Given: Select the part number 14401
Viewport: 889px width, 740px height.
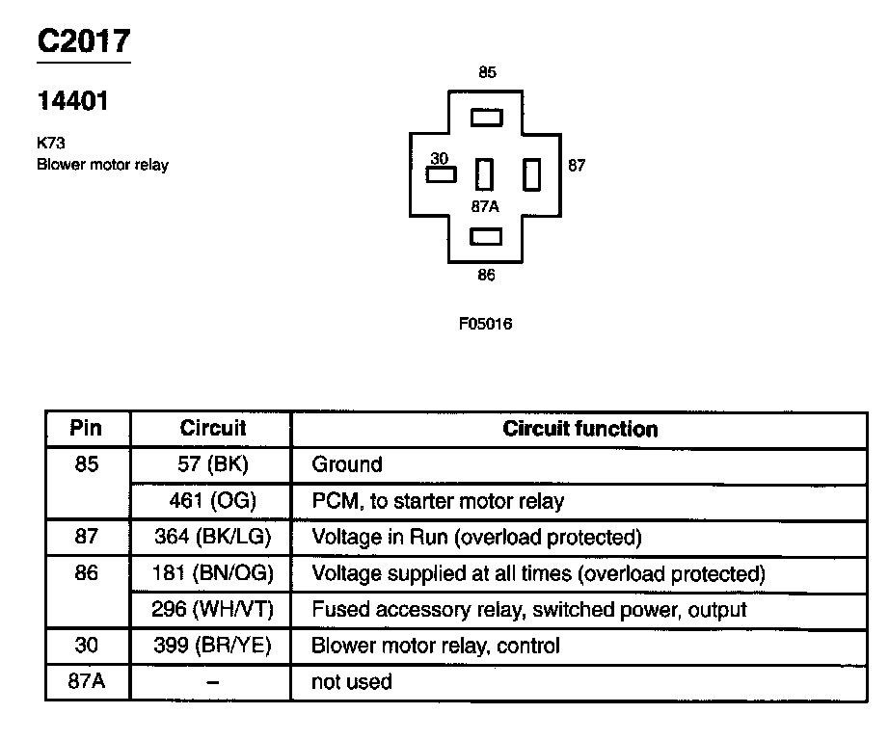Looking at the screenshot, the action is click(x=72, y=101).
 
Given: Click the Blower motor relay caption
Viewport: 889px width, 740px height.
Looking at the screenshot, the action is click(x=102, y=165).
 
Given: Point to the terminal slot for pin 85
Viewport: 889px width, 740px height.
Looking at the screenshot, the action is click(x=486, y=118).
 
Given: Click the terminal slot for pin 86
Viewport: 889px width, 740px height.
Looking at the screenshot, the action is click(x=486, y=236).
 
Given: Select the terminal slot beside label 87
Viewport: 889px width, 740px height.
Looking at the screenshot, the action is click(x=531, y=174).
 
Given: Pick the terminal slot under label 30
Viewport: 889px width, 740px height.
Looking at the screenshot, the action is click(x=441, y=175).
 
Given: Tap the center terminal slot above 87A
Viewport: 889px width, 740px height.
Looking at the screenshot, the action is click(x=485, y=173).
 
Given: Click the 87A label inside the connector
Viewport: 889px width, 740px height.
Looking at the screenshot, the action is click(x=485, y=205).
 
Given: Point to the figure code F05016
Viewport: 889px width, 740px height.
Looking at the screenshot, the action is click(x=485, y=324).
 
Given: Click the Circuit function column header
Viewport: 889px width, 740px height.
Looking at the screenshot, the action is click(x=580, y=429).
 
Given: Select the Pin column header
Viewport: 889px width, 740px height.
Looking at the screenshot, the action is click(x=86, y=428).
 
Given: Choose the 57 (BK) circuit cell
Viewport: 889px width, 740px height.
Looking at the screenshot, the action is click(x=213, y=464).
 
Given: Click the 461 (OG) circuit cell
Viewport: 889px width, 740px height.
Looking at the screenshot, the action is click(x=213, y=501).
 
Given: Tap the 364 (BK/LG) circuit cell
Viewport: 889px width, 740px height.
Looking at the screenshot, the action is click(x=213, y=537).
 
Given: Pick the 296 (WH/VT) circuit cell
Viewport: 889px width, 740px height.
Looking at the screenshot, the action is click(x=213, y=610).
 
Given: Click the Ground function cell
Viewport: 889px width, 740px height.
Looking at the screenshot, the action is click(x=347, y=464).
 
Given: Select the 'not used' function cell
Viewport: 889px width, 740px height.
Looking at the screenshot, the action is click(x=352, y=682).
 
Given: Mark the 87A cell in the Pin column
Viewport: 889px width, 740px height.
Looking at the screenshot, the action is click(x=86, y=682).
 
